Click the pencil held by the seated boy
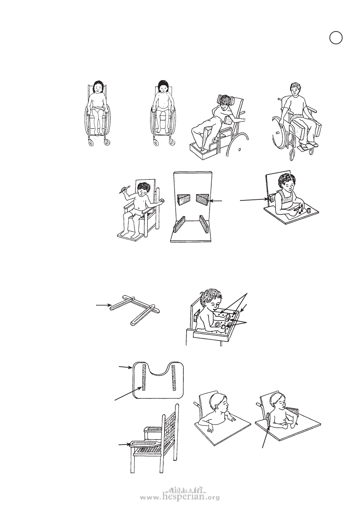pos(124,189)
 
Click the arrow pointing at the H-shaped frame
pos(103,305)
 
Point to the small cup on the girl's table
pos(309,210)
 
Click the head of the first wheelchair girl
pos(98,87)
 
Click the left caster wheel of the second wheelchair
pos(156,143)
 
